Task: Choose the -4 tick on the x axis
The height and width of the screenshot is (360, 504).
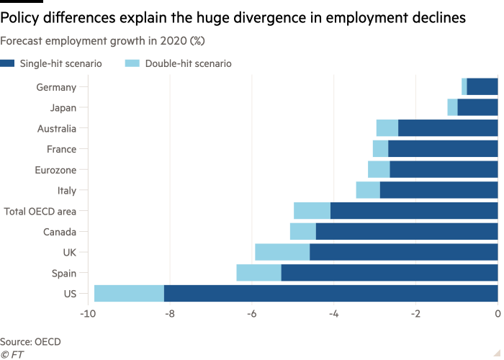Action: point(333,315)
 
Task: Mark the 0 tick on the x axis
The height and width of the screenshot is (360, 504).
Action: point(498,315)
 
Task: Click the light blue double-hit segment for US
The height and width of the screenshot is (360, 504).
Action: point(129,294)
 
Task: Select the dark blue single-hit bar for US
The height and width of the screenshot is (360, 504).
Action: point(330,294)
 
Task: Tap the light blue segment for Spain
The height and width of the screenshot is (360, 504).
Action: point(258,273)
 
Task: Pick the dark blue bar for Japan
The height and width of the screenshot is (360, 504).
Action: point(477,108)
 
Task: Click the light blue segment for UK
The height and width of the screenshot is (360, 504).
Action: point(282,252)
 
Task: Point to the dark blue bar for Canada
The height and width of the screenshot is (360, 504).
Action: point(407,232)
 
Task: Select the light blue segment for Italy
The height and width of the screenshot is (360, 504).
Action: point(368,190)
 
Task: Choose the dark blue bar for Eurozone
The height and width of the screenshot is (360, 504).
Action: point(444,170)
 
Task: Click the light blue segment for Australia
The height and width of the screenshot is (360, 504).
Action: point(387,129)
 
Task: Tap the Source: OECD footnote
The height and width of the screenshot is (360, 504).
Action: point(30,341)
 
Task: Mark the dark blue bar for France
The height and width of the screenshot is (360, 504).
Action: point(443,149)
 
